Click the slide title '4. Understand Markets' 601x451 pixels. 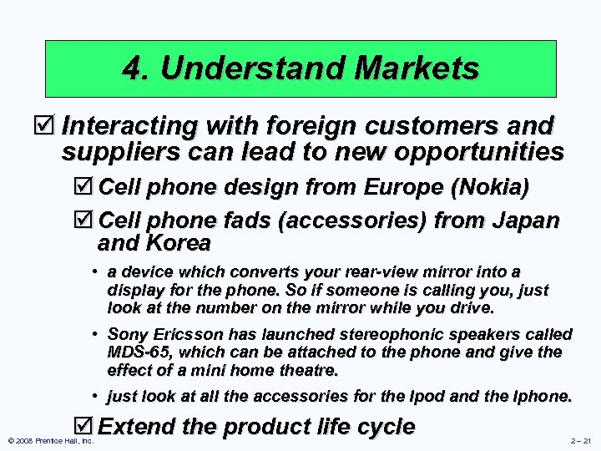[300, 68]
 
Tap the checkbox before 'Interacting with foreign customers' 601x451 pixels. [51, 126]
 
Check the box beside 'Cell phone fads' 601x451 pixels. [86, 221]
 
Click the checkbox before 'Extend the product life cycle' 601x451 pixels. [86, 427]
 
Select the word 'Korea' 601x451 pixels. [179, 244]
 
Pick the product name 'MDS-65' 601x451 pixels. [136, 352]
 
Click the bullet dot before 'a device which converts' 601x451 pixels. [97, 272]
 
